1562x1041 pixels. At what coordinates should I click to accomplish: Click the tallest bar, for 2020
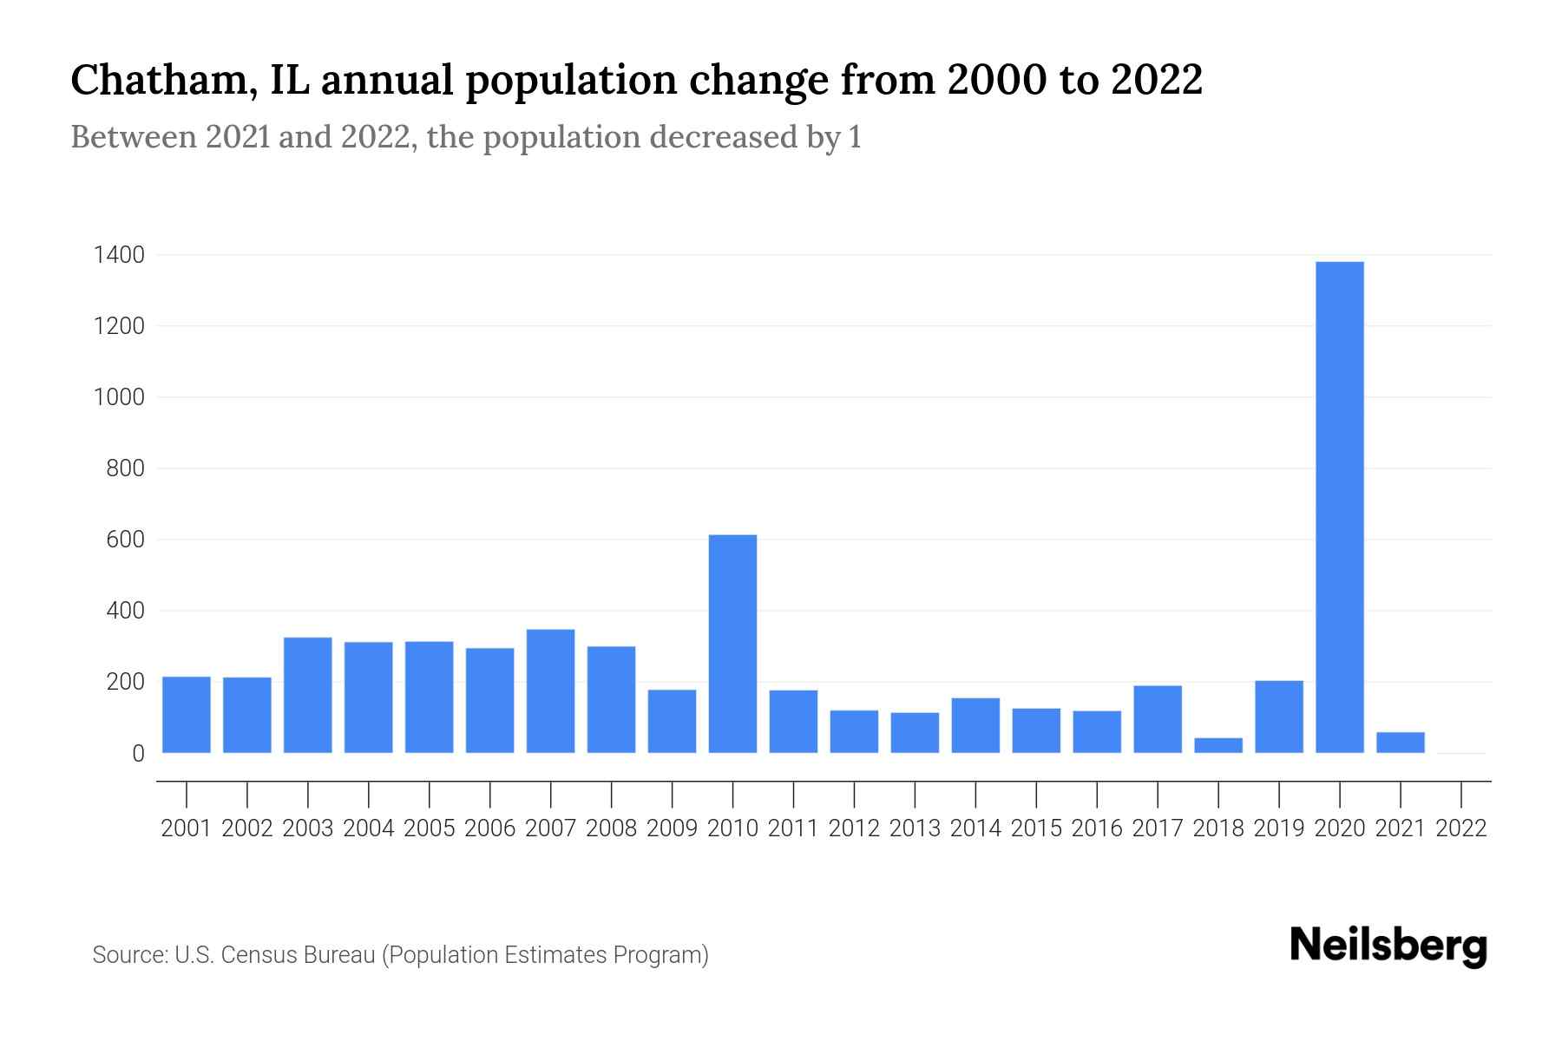[x=1339, y=507]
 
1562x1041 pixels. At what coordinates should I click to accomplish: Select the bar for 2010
[x=732, y=644]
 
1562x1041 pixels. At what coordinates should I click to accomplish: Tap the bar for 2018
[x=1218, y=745]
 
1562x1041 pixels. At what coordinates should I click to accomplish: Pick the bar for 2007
[x=550, y=691]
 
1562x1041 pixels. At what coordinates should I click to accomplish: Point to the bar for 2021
[x=1400, y=743]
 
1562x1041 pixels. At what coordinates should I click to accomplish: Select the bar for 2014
[x=975, y=725]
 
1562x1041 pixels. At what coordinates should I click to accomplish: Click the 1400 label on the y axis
[x=120, y=255]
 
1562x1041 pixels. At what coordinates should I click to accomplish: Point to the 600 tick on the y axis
[x=125, y=540]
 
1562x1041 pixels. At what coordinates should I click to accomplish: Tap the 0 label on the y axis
[x=138, y=754]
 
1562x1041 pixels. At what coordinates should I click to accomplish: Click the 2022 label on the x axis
[x=1461, y=828]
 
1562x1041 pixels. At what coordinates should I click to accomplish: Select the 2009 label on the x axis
[x=672, y=828]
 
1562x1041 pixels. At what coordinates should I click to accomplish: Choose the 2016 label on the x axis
[x=1097, y=828]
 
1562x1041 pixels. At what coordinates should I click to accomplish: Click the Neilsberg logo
[x=1388, y=946]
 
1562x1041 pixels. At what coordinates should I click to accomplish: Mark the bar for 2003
[x=308, y=695]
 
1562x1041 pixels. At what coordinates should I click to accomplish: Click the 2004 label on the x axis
[x=369, y=828]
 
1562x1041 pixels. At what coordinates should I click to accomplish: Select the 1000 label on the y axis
[x=120, y=397]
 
